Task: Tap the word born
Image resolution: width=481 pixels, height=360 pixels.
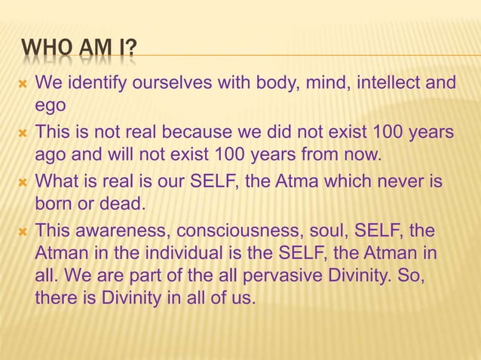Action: (54, 203)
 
